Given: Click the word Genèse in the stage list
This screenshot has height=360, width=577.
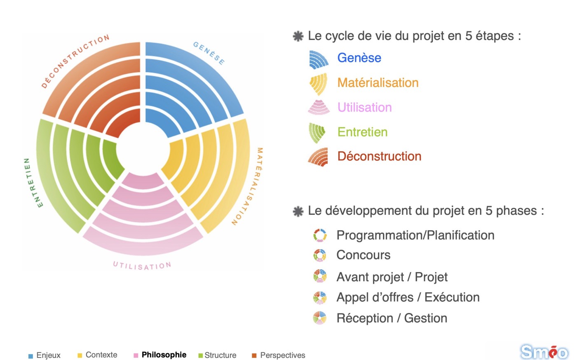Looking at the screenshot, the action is tap(359, 57).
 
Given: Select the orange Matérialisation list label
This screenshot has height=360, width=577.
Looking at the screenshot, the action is tap(378, 82).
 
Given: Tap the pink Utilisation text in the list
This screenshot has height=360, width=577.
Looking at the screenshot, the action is tap(364, 107).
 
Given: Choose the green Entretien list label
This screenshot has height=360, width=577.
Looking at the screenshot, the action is tap(362, 132).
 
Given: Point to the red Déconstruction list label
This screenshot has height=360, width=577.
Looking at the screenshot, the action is tap(379, 156).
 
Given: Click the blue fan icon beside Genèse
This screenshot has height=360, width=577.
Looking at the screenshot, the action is tap(319, 59).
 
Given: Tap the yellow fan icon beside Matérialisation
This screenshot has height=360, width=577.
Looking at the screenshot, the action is tap(319, 84).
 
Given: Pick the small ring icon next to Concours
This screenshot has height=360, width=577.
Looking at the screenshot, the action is tap(320, 255).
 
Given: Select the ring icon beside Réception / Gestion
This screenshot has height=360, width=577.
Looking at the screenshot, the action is tap(320, 318).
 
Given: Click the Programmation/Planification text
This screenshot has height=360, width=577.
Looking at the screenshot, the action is tap(415, 235).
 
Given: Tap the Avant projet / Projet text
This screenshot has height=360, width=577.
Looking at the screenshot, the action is tap(392, 277).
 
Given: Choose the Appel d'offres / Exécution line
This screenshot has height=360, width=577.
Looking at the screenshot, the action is tap(408, 297).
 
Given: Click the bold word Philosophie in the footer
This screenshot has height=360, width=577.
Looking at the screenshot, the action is tap(164, 355).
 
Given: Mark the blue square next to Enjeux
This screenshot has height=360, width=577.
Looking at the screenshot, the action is tap(30, 356).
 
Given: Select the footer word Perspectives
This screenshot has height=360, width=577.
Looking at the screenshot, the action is tap(283, 355).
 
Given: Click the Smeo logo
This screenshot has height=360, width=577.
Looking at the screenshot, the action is tap(544, 352).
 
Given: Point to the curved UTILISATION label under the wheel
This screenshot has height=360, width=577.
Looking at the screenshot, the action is tap(142, 266).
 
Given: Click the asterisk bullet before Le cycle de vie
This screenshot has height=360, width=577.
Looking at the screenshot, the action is tap(298, 36).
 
